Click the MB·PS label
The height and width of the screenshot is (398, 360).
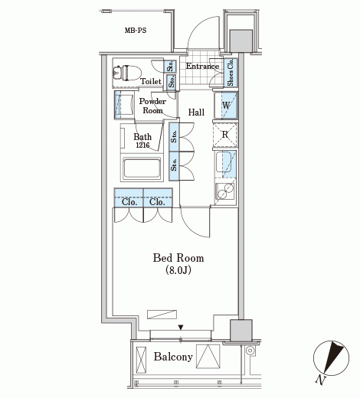[136, 31]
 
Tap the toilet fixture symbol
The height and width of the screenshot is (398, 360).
[127, 73]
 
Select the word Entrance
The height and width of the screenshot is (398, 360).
[202, 66]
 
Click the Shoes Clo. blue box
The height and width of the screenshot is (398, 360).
[231, 72]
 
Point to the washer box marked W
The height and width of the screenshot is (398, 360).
[226, 105]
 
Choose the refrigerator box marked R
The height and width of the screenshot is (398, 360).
[225, 135]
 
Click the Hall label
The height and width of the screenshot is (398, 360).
[196, 113]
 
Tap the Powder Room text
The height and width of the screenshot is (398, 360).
[152, 106]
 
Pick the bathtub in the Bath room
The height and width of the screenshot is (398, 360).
[142, 168]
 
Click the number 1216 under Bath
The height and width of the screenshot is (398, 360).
[142, 145]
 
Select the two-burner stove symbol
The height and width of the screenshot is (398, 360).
[225, 191]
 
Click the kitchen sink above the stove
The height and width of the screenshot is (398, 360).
[224, 162]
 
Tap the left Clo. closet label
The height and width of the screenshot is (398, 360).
[129, 202]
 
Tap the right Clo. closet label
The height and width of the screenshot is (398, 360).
[157, 202]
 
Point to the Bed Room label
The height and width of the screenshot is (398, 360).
[178, 258]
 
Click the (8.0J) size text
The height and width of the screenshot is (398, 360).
[178, 270]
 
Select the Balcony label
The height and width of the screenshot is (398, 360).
[173, 357]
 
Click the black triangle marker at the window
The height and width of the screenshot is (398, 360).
[181, 328]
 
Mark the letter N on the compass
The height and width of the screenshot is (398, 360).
[320, 380]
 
